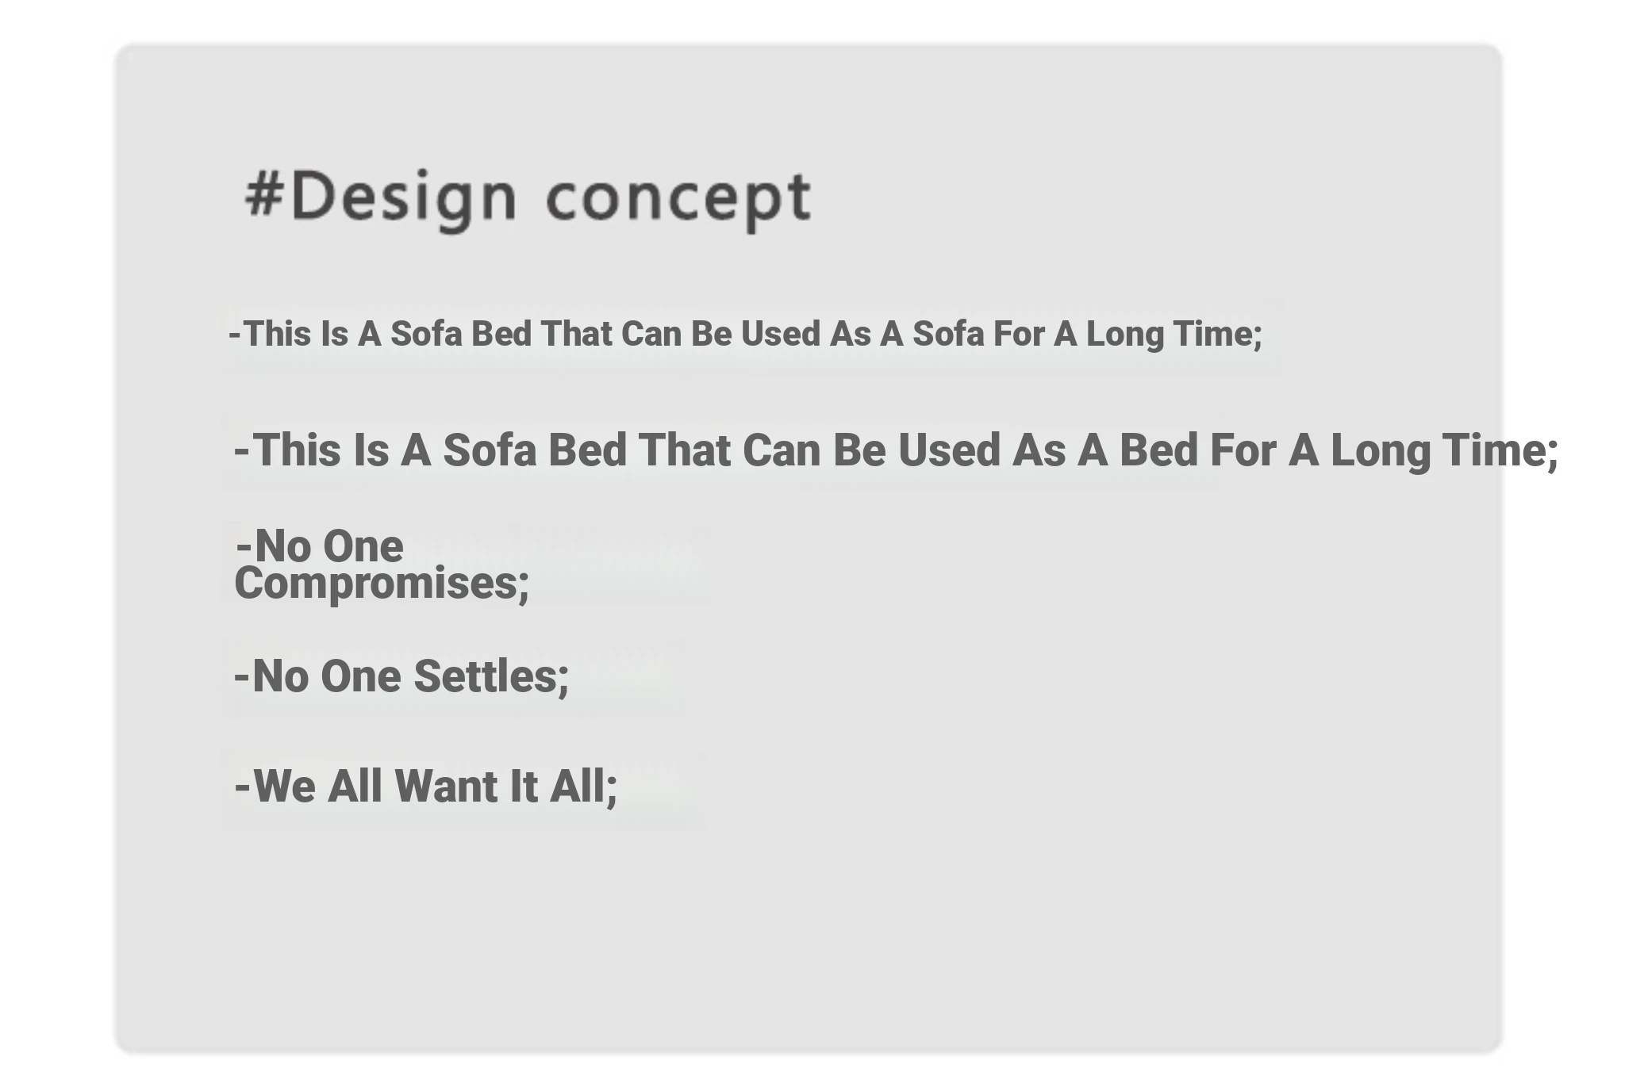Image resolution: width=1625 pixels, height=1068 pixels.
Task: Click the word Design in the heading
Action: pyautogui.click(x=403, y=200)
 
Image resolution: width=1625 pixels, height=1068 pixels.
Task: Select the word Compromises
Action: pyautogui.click(x=382, y=584)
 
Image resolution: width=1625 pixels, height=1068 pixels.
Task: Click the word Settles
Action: pyautogui.click(x=491, y=676)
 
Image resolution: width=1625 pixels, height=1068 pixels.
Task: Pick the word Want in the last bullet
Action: pyautogui.click(x=446, y=786)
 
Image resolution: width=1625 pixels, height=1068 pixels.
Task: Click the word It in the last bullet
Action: pyautogui.click(x=524, y=786)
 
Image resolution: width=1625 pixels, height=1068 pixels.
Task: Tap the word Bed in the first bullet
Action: pyautogui.click(x=501, y=334)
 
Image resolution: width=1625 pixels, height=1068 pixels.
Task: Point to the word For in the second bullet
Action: pyautogui.click(x=1243, y=450)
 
